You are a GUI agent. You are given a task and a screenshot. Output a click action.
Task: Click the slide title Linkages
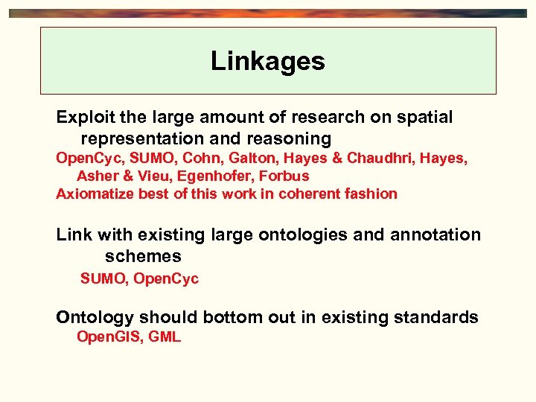coord(267,61)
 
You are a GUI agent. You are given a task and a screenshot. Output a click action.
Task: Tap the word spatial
coord(426,117)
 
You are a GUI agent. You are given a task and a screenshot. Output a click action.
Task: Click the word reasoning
coord(291,138)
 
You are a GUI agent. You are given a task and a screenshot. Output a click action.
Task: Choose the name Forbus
coord(284,176)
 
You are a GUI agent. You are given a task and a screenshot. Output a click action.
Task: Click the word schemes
coord(143,256)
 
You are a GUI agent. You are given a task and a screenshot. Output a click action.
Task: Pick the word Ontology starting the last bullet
coord(95,317)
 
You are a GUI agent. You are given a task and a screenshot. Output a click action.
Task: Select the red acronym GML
coord(165,336)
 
